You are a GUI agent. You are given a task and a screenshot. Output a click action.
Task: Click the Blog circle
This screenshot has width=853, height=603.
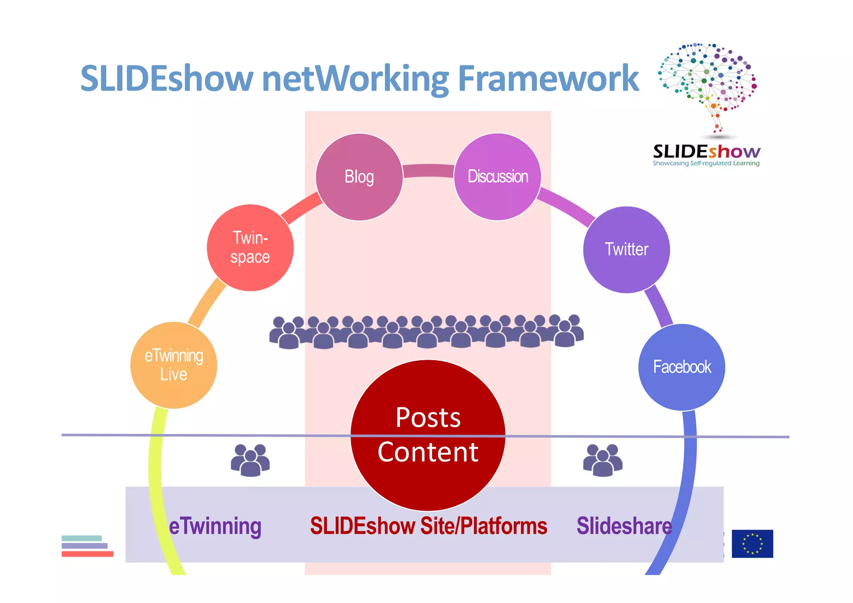[359, 177]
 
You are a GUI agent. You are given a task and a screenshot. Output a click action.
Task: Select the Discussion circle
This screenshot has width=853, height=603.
[497, 177]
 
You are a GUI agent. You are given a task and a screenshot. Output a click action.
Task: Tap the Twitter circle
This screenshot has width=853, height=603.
[626, 249]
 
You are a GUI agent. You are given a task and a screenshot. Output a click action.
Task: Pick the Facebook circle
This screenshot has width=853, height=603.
[681, 367]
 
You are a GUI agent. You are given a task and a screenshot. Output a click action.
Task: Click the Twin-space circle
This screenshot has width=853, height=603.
[250, 247]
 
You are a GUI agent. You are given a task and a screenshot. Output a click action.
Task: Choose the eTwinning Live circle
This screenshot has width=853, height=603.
[174, 365]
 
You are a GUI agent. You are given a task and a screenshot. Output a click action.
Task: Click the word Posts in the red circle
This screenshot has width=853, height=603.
[428, 417]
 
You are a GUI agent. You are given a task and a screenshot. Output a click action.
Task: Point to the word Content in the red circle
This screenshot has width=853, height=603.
[428, 452]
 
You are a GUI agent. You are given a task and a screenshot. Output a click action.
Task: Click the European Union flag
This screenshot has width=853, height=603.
[752, 543]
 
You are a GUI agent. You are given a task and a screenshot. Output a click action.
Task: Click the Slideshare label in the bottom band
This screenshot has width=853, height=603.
[624, 526]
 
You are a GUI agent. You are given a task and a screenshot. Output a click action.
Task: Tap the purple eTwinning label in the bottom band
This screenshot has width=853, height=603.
[215, 526]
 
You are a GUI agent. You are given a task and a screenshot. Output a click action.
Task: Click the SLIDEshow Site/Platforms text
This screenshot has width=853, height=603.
[428, 526]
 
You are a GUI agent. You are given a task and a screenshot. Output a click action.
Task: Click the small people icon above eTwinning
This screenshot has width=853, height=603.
[250, 460]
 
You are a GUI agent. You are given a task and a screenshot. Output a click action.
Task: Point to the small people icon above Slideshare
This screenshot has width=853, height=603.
[603, 460]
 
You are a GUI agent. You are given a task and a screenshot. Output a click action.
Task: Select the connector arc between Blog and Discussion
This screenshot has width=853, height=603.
[428, 170]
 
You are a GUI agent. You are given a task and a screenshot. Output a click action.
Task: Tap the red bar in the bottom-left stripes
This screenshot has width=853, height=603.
[87, 554]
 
